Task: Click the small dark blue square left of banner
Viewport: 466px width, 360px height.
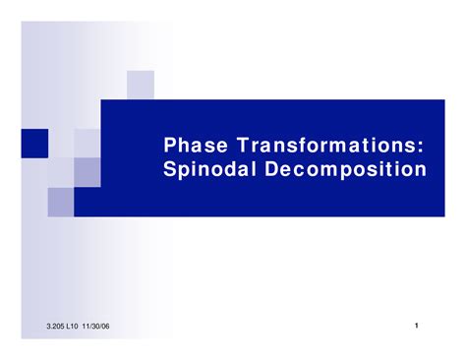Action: (x=60, y=145)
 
